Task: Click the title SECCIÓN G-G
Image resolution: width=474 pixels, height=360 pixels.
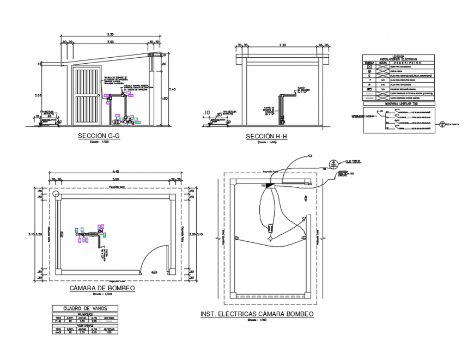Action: (99, 136)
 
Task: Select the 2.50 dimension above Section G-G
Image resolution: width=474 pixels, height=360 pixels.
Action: (110, 41)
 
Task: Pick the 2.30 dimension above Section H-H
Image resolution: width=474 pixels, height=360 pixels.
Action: (282, 45)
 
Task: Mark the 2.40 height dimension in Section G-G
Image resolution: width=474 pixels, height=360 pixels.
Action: (173, 89)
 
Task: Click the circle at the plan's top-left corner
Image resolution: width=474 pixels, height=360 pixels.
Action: (56, 194)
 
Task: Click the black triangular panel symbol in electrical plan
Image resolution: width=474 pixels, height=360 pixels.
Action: (271, 186)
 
